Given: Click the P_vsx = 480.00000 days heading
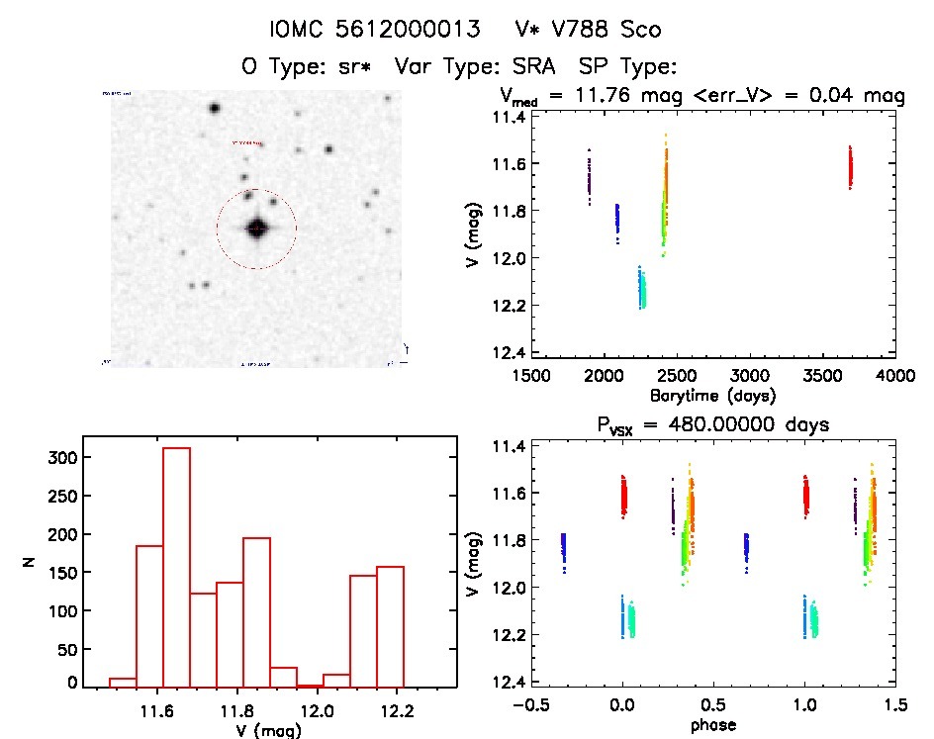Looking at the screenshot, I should (693, 424).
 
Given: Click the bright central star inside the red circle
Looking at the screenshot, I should (256, 229).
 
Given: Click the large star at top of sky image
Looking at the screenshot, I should (214, 109).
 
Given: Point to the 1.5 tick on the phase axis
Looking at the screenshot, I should (894, 705).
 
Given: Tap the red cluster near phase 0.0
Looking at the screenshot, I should (623, 496).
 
